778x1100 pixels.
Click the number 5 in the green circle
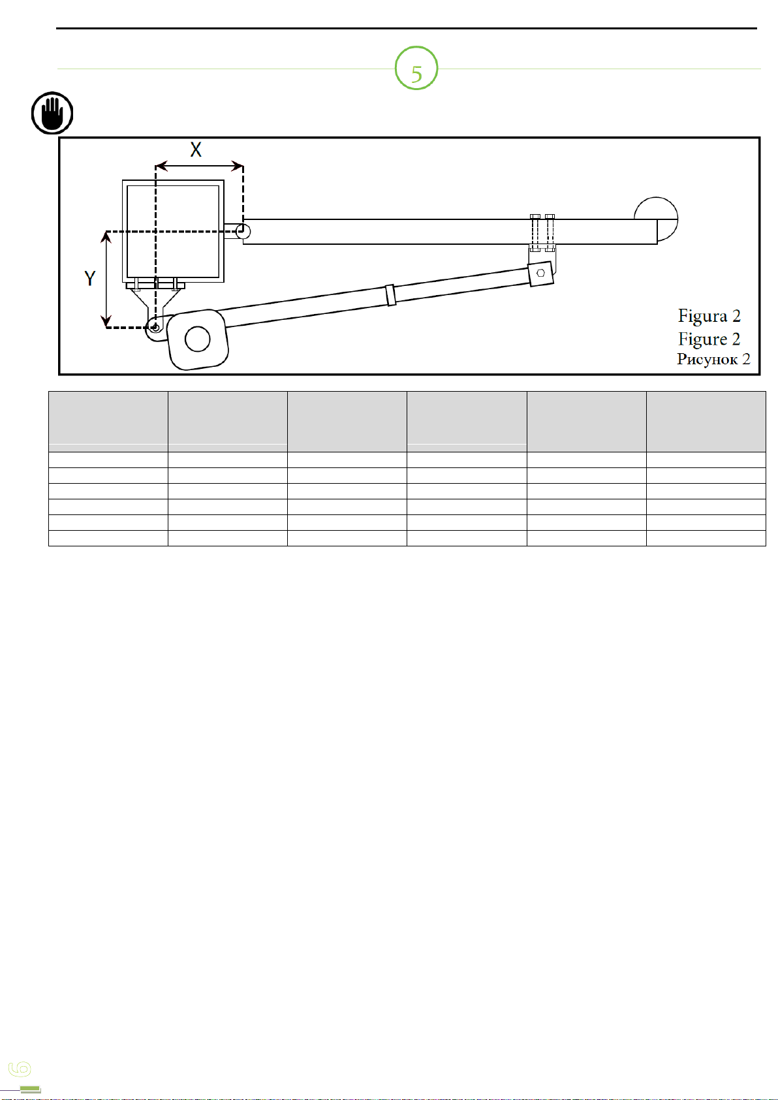(416, 74)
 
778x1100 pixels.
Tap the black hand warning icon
(52, 113)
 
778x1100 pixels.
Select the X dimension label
(196, 149)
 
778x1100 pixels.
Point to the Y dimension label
(90, 278)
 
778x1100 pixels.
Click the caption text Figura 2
(709, 316)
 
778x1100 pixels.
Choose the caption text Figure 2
(709, 339)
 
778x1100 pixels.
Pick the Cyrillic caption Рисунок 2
(713, 359)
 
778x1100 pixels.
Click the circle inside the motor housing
(197, 339)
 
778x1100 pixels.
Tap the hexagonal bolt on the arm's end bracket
(540, 273)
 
